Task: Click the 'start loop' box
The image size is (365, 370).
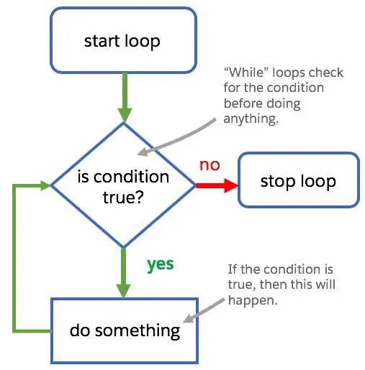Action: click(122, 40)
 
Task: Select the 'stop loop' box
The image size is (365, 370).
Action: click(297, 180)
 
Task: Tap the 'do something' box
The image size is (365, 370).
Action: click(124, 330)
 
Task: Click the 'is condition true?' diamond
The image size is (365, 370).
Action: click(123, 185)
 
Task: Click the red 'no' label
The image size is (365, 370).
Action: click(209, 165)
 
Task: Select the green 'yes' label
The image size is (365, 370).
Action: click(161, 264)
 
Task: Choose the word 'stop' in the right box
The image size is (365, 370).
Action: click(277, 180)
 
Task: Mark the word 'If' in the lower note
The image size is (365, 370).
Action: click(233, 269)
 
